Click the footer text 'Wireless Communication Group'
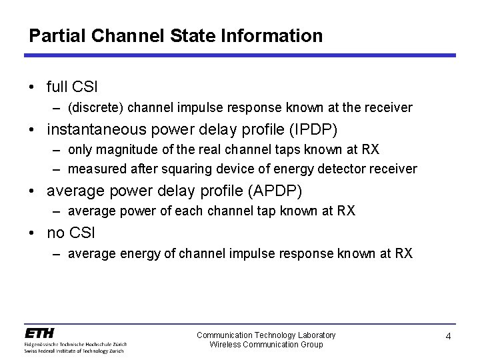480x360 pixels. coord(266,344)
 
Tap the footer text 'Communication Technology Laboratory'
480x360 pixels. coord(266,335)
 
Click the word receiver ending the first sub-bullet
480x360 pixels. coord(391,107)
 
